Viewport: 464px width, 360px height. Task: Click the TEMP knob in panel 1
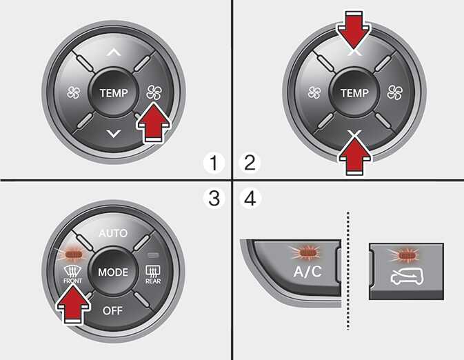point(114,92)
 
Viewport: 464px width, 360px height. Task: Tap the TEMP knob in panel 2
point(354,92)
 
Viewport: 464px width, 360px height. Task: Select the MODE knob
point(113,272)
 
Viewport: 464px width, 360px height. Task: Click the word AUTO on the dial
point(113,233)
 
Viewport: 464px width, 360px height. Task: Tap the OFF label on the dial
point(112,310)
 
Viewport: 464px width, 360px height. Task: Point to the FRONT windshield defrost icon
point(72,274)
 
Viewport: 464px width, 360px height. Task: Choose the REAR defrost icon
point(153,274)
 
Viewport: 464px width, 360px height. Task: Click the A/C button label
point(307,271)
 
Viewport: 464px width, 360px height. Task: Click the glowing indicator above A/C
point(307,252)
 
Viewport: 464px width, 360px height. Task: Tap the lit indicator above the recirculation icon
point(406,255)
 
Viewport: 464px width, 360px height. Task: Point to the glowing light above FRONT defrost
point(73,254)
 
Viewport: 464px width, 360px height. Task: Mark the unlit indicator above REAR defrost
point(153,254)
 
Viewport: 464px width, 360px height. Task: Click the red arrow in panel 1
point(154,123)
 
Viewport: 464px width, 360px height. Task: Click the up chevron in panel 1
point(114,52)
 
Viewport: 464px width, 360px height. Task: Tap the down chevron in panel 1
point(114,134)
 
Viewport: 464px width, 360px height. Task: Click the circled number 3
point(214,198)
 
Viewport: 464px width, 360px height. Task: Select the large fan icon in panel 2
point(395,92)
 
